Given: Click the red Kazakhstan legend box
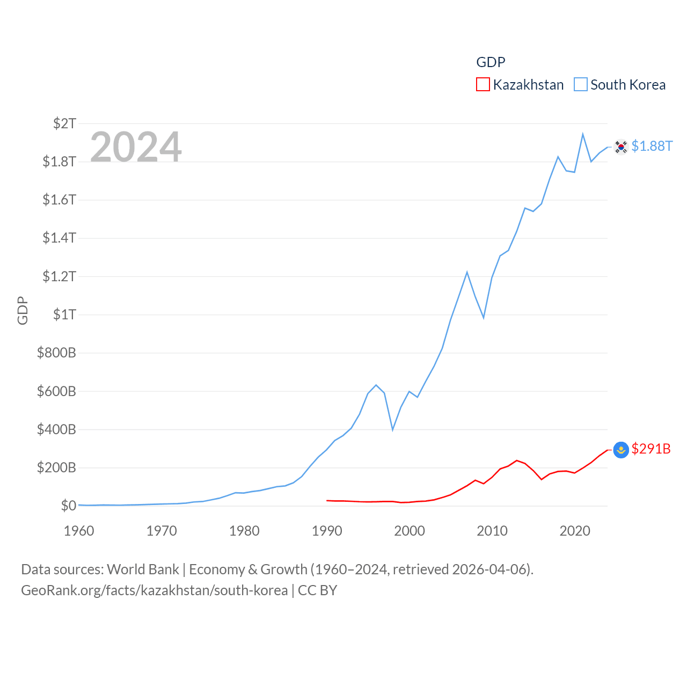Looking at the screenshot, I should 483,85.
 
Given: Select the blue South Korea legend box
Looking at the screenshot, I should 580,85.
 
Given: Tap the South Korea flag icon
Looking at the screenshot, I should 621,147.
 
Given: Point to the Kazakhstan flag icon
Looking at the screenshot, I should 621,450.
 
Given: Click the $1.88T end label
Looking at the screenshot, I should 652,146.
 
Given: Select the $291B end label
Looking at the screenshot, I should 651,449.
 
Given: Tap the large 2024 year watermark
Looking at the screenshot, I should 136,147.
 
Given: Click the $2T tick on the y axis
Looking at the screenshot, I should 64,123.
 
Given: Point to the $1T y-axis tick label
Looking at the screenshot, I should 64,315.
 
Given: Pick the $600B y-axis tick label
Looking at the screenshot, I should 56,391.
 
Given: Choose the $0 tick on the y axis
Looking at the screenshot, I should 68,506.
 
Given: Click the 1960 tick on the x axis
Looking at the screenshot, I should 79,531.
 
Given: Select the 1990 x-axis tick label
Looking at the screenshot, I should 327,531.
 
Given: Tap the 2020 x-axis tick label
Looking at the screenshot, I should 575,531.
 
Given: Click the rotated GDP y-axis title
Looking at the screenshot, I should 23,310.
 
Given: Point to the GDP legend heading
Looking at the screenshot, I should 491,62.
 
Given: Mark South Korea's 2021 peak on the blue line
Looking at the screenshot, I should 583,134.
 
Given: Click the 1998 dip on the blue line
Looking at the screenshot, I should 393,429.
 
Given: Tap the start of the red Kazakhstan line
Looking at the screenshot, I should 327,500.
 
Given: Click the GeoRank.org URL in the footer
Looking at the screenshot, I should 154,590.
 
